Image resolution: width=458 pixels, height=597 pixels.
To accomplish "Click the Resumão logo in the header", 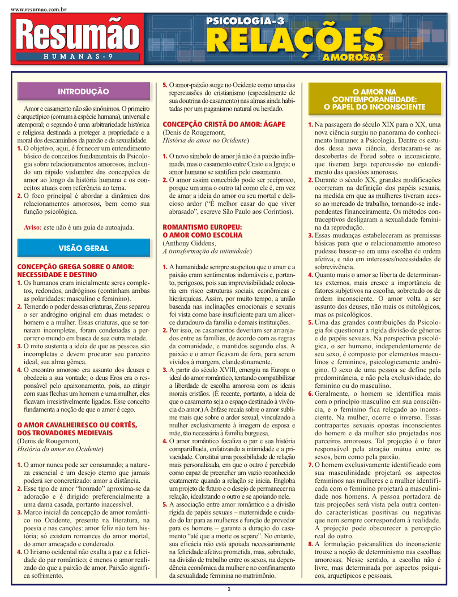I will point(77,34).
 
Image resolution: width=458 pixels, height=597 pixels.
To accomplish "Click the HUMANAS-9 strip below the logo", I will point(77,57).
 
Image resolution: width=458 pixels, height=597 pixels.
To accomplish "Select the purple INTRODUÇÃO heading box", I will point(83,91).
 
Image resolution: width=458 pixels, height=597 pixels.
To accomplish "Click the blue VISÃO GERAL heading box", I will point(83,248).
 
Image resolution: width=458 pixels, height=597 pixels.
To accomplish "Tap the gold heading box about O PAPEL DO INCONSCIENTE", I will point(374,99).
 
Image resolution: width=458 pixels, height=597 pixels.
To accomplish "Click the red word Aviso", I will point(33,227).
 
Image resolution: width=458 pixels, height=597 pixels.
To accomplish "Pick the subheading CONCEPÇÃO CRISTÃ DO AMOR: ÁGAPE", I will point(224,124).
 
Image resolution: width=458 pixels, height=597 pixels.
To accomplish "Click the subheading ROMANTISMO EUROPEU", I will point(202,227).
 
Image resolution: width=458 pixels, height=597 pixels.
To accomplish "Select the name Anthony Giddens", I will point(189,243).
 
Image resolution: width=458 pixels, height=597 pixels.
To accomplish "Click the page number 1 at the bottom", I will point(229,589).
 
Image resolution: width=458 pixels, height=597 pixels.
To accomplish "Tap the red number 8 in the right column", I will point(310,544).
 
